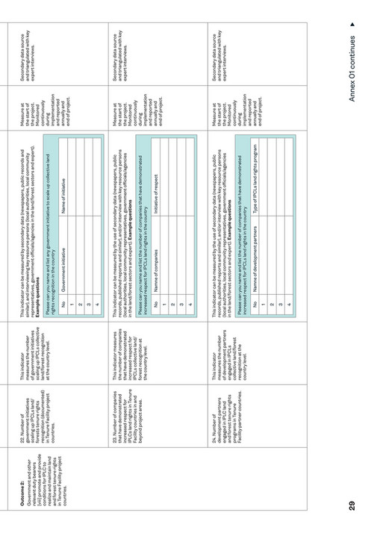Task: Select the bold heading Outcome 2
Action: point(21,496)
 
